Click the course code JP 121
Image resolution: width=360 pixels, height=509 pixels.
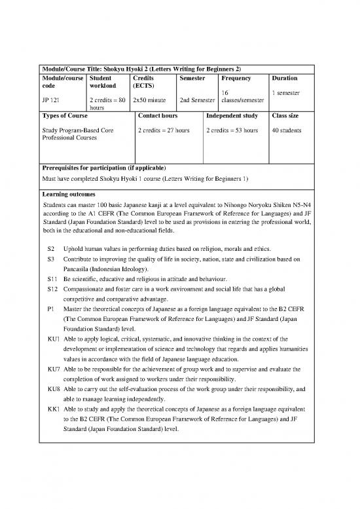click(50, 100)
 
